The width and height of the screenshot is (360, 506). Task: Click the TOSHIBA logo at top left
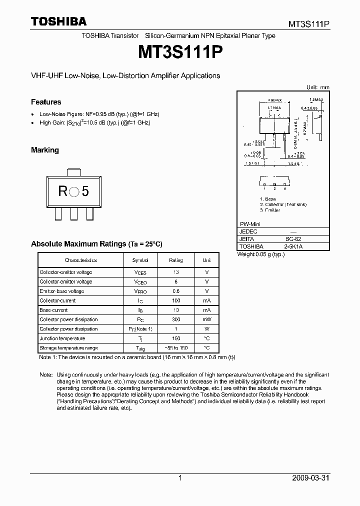[58, 21]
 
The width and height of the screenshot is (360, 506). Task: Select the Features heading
[46, 102]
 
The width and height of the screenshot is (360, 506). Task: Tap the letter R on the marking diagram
[62, 191]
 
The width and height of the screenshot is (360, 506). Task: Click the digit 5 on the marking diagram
[85, 191]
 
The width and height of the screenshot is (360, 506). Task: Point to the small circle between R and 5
[74, 191]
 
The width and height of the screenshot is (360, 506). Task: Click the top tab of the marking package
[74, 171]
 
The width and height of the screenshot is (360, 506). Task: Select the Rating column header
[176, 260]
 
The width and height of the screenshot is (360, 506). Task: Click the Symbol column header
[140, 260]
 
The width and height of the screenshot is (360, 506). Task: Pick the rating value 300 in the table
[176, 319]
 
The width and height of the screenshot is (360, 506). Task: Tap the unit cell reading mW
[206, 319]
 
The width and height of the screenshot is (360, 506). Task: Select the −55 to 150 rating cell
[176, 348]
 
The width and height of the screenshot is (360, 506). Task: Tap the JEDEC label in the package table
[248, 232]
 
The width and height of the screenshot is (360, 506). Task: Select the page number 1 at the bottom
[180, 478]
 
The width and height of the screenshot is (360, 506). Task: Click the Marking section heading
[45, 150]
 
